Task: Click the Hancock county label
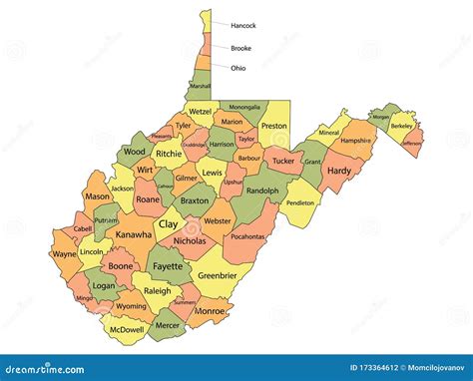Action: coord(243,25)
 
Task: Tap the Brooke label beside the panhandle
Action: coord(240,47)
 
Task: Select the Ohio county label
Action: coord(237,68)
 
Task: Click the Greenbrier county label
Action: coord(218,274)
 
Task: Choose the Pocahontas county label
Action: coord(243,237)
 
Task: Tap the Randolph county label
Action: coord(261,190)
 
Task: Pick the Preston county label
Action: coord(273,127)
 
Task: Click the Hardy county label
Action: coord(339,171)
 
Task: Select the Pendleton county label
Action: coord(300,201)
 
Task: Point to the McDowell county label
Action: coord(127,328)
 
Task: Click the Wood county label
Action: coord(134,152)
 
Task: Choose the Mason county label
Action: coord(98,196)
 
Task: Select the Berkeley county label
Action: coord(401,128)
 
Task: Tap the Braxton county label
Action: coord(194,199)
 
